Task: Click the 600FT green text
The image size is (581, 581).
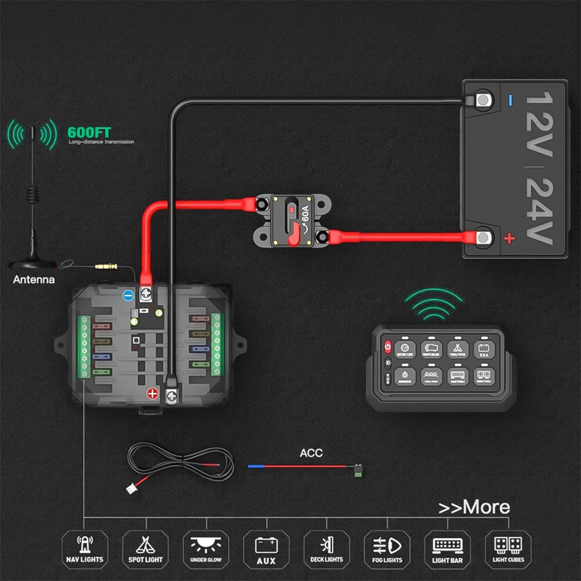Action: [x=89, y=133]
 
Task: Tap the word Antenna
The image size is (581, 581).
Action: [x=34, y=280]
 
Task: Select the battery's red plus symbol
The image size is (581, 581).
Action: [x=510, y=238]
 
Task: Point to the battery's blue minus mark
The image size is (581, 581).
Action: [x=510, y=100]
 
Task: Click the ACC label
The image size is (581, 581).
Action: [x=311, y=453]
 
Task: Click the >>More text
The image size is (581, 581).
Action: [x=474, y=508]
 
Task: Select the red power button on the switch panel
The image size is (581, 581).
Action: [x=388, y=346]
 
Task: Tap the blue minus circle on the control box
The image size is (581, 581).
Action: [x=128, y=295]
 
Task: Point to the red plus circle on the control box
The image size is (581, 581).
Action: [x=152, y=393]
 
